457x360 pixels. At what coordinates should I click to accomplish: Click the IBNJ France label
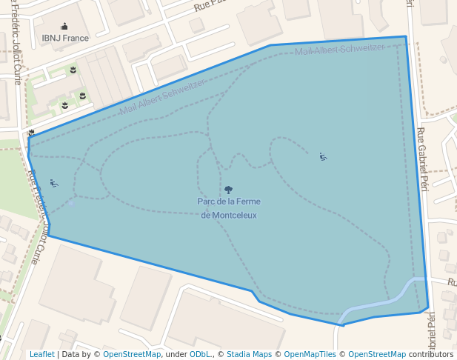65,38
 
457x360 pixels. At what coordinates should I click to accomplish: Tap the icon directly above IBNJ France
64,26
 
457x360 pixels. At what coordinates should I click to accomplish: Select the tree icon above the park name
228,190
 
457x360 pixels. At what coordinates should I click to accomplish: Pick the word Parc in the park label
207,201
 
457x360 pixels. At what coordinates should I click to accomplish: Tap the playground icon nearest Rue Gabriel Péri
323,156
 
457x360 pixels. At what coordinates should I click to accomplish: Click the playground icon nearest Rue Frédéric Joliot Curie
53,183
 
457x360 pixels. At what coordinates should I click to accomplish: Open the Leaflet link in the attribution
41,354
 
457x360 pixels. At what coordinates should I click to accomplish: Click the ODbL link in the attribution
199,354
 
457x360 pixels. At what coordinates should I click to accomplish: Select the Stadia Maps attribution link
249,354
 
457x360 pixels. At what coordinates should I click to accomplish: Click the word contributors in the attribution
430,354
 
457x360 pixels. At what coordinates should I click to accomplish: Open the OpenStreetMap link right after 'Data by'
132,354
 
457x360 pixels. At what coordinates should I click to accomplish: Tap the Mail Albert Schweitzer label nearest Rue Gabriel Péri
339,50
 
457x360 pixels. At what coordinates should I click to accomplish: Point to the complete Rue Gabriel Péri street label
423,159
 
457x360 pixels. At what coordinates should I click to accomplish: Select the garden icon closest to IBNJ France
73,70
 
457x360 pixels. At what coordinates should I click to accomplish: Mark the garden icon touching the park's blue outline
31,133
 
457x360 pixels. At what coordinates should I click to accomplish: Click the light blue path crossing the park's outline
378,302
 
